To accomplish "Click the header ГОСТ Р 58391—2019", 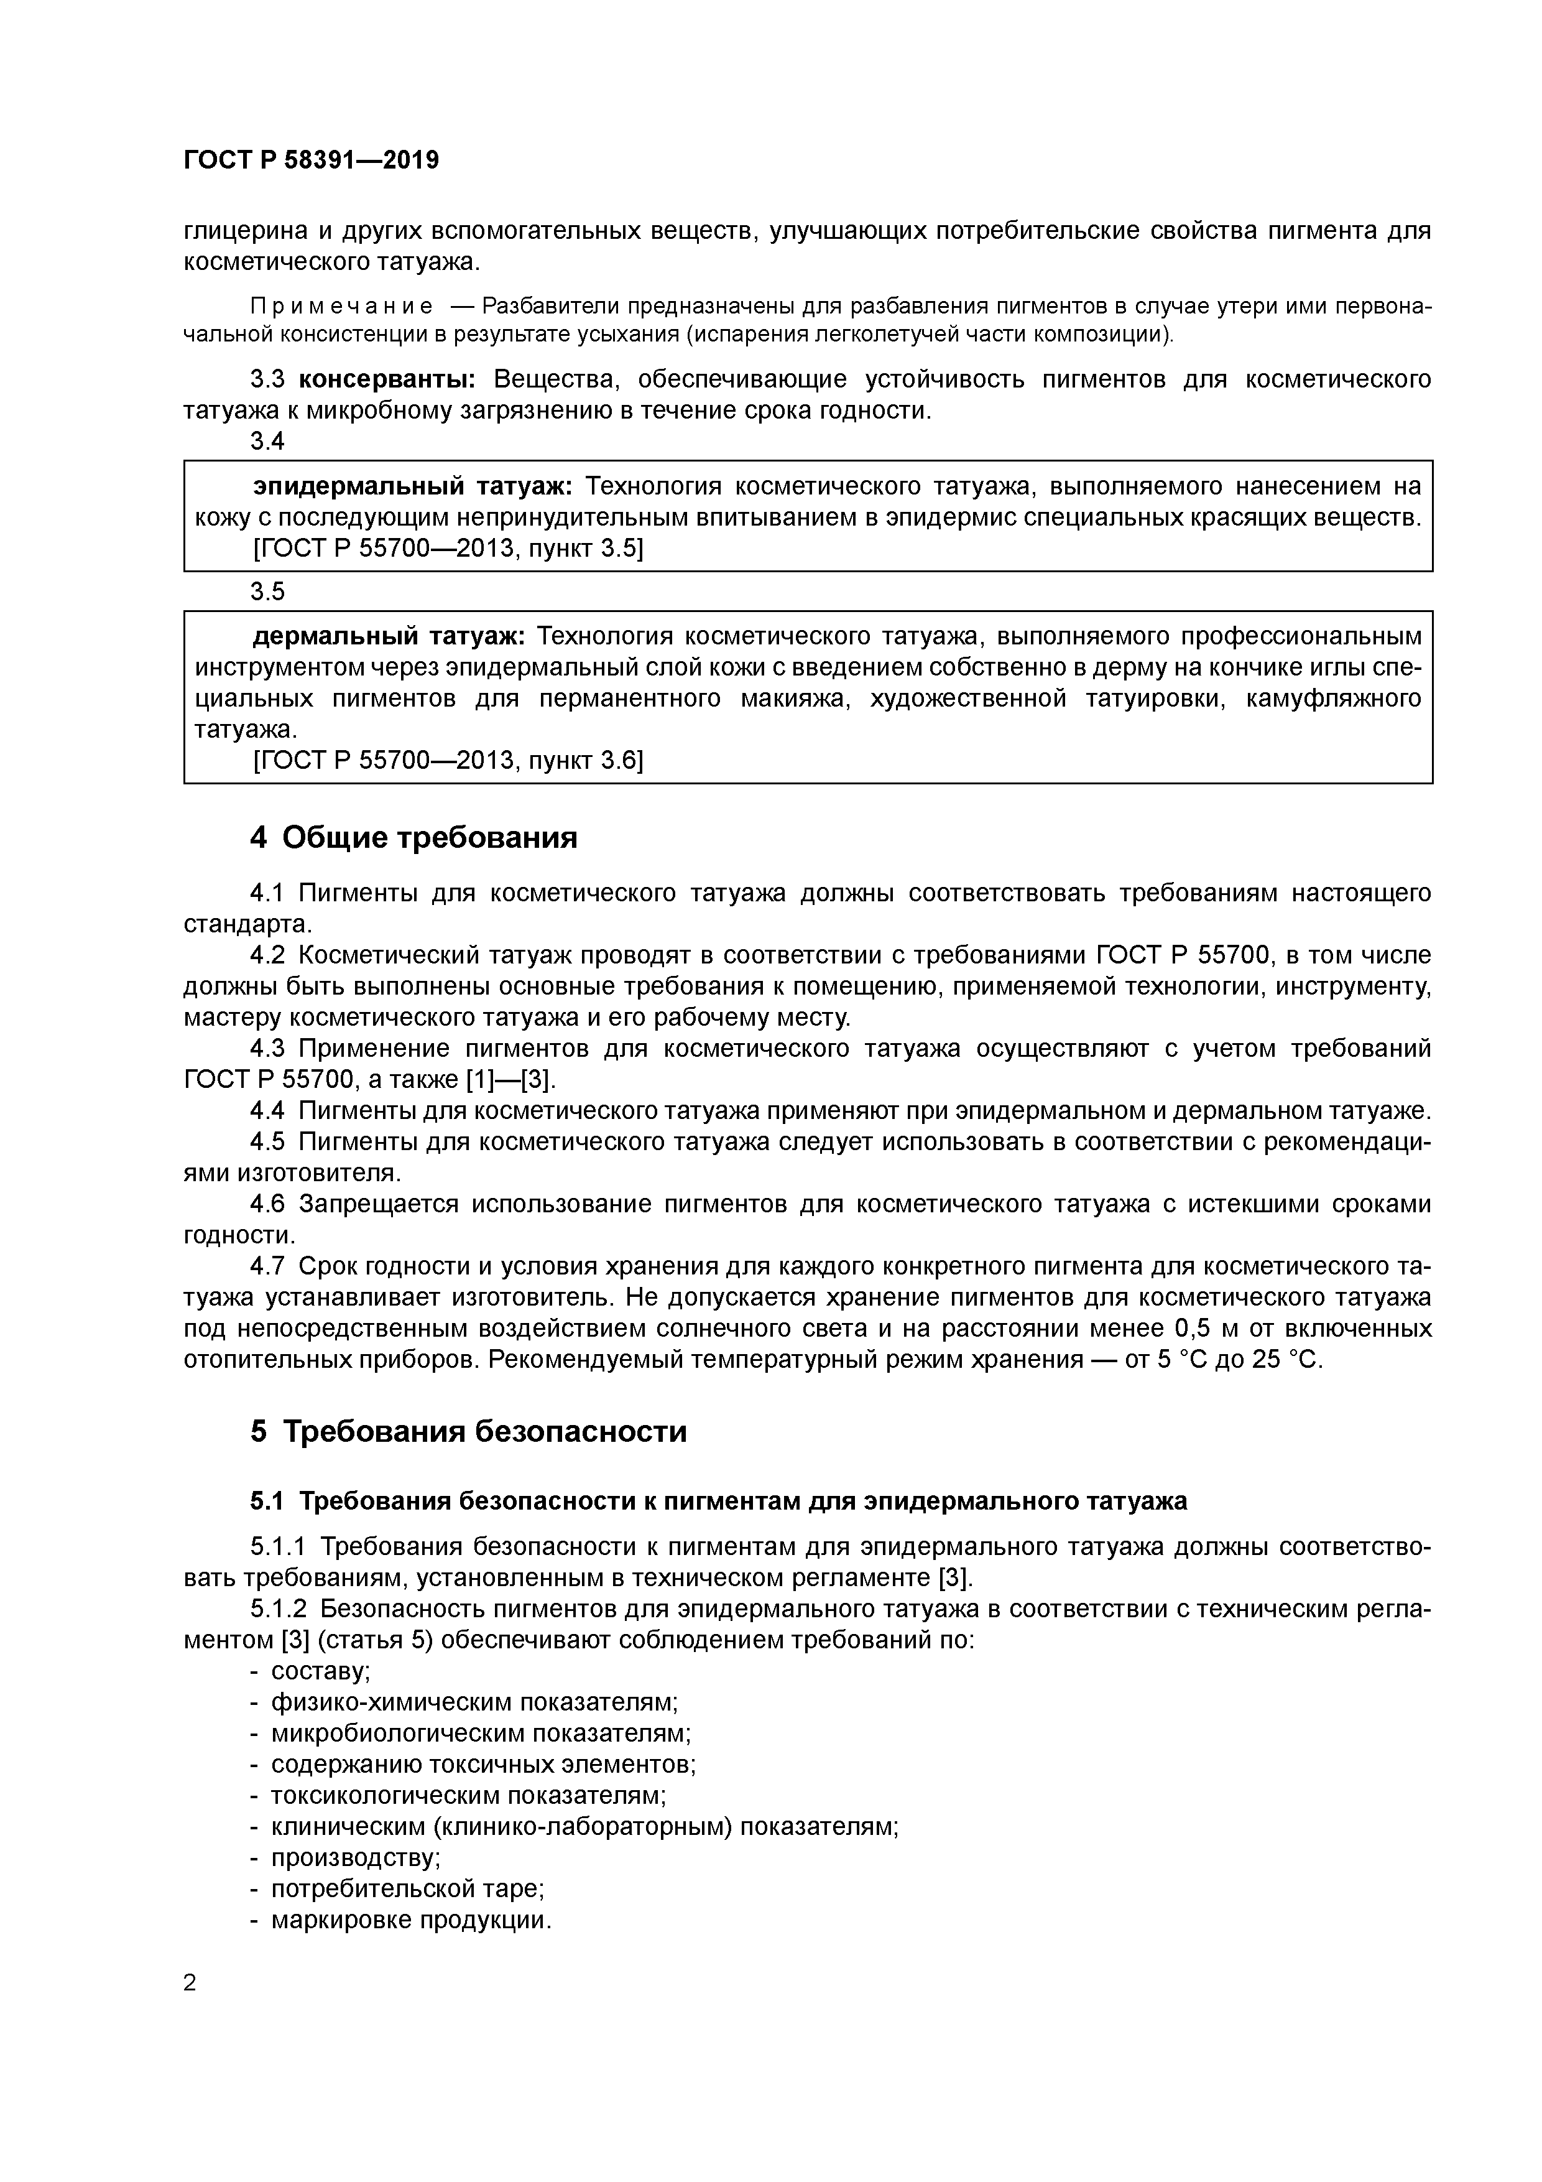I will tap(311, 160).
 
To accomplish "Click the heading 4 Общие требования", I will tap(414, 837).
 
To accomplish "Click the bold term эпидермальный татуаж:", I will tap(412, 486).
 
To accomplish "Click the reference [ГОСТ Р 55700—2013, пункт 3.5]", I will tap(448, 549).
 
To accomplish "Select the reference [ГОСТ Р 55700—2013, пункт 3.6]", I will tap(448, 760).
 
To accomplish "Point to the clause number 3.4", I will tap(267, 441).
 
